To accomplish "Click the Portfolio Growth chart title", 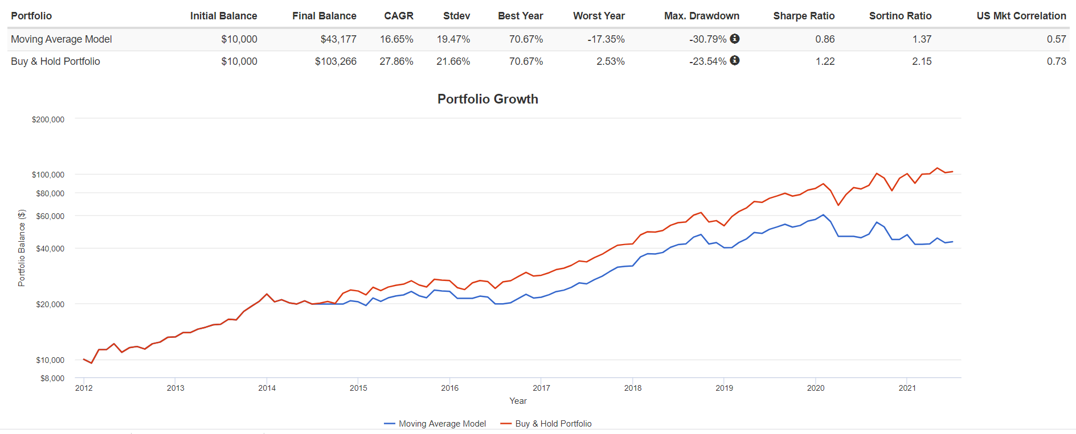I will coord(488,99).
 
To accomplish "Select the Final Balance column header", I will coord(324,16).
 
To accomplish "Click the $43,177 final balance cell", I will coord(338,39).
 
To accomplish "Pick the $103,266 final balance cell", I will coord(336,61).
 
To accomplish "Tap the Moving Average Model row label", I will coord(62,39).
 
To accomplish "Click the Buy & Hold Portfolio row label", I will coord(55,61).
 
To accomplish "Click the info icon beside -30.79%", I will coord(735,39).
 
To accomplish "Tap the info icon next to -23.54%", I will coord(735,60).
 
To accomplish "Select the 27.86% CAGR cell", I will coord(396,61).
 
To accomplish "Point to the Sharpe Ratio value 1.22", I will coord(825,61).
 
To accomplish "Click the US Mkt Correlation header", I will coord(1021,16).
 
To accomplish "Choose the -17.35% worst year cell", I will coord(606,39).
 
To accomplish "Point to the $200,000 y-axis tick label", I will coord(48,119).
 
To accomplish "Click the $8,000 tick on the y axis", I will coord(52,378).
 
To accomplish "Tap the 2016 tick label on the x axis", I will coord(450,388).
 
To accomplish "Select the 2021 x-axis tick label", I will coord(907,388).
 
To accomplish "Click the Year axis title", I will coord(518,401).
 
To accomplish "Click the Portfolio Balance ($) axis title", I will coord(22,248).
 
